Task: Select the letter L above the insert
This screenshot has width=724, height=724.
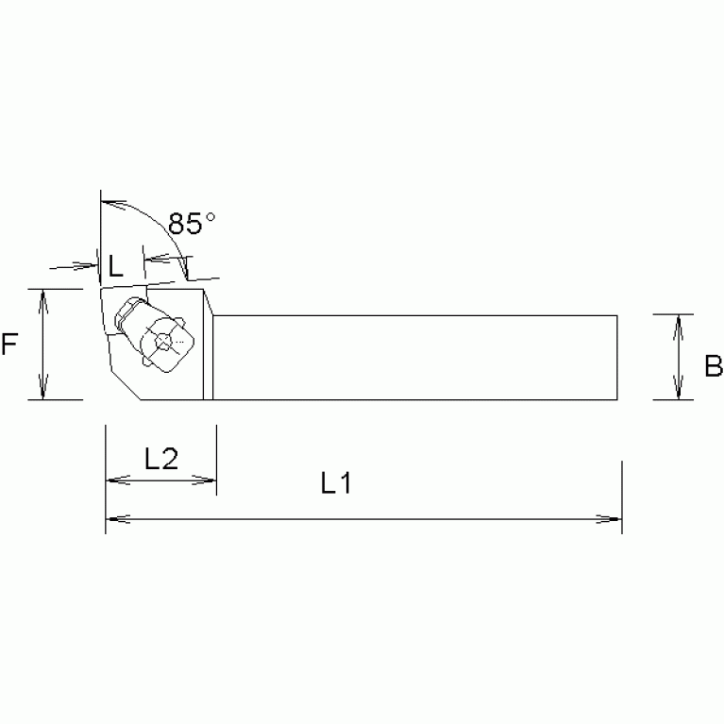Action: point(113,267)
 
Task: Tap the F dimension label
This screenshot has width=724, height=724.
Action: point(10,345)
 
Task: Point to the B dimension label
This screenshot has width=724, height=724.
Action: point(713,365)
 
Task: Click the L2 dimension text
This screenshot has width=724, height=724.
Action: point(160,459)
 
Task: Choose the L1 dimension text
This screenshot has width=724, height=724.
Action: point(335,485)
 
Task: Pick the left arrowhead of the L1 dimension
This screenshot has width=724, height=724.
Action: point(112,518)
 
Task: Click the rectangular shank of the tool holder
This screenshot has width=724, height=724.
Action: point(415,357)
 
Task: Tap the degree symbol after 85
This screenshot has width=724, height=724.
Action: point(210,216)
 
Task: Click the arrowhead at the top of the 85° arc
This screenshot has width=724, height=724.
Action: point(107,202)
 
